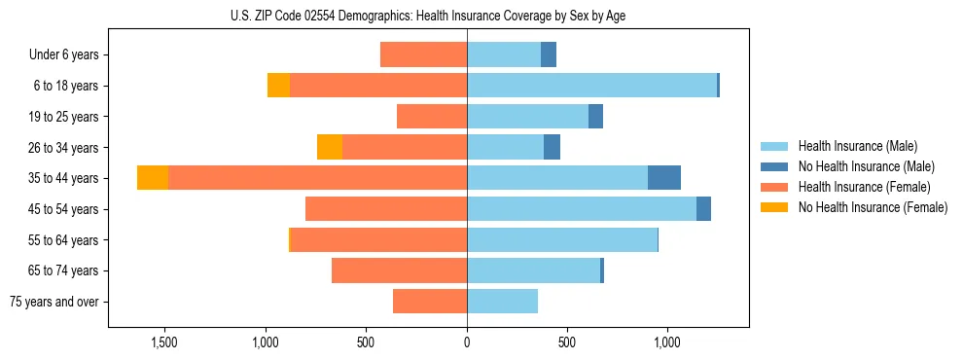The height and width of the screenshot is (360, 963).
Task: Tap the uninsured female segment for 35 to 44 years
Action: pyautogui.click(x=153, y=178)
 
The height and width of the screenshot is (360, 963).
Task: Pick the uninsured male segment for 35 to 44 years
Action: pyautogui.click(x=664, y=178)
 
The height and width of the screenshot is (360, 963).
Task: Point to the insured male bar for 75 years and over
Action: pyautogui.click(x=502, y=302)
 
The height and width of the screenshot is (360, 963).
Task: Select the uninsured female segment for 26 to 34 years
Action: pyautogui.click(x=330, y=147)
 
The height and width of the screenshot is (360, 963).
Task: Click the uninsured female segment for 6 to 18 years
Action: pyautogui.click(x=278, y=86)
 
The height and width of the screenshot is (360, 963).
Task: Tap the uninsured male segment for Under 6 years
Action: pyautogui.click(x=549, y=54)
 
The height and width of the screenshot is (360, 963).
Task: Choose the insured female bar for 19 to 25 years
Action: pyautogui.click(x=432, y=117)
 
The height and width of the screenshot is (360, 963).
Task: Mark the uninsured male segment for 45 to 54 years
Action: pyautogui.click(x=703, y=209)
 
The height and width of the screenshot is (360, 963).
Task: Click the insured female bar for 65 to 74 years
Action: pyautogui.click(x=399, y=270)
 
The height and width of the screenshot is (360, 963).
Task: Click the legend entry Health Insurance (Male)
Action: pyautogui.click(x=857, y=146)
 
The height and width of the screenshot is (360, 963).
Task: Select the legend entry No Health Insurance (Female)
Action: pyautogui.click(x=873, y=207)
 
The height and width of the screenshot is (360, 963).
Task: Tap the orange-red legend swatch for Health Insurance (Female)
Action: pyautogui.click(x=774, y=187)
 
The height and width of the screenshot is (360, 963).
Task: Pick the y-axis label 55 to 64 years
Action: pyautogui.click(x=64, y=240)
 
